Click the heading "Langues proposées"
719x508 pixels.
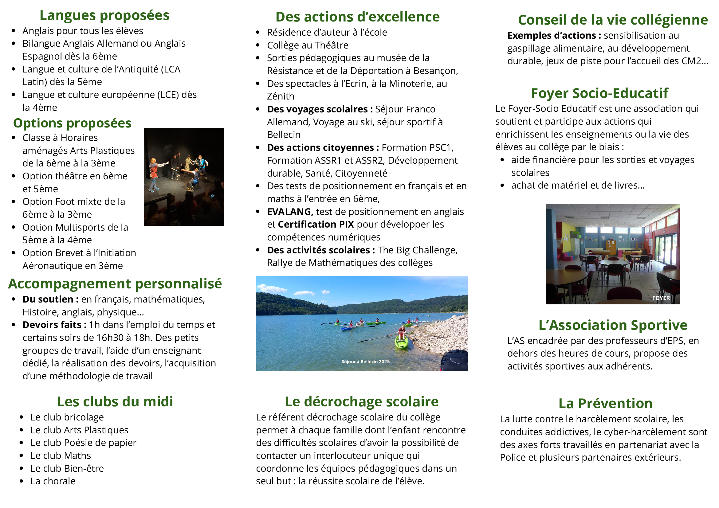(104, 15)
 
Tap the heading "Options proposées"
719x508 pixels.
(72, 123)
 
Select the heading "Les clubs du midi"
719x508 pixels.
(115, 402)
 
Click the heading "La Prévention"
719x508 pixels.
(605, 404)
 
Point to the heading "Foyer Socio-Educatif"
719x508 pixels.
(599, 93)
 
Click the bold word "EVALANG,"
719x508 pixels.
(290, 212)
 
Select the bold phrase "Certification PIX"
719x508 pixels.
(316, 225)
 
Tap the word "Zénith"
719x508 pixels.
(281, 96)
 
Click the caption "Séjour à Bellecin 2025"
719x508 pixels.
(365, 361)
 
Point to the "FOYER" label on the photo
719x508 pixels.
(661, 298)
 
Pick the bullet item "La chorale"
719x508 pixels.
(53, 481)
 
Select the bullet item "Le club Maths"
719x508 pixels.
(61, 456)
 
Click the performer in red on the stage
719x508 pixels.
(154, 173)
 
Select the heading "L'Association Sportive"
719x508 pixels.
(613, 325)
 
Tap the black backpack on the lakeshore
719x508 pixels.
(455, 361)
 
